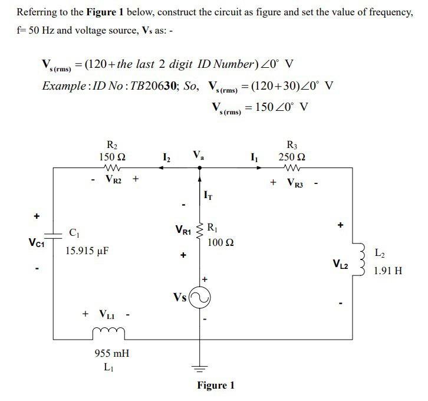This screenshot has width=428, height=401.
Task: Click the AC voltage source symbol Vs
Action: click(x=199, y=299)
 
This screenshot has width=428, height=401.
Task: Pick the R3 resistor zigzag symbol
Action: click(x=292, y=167)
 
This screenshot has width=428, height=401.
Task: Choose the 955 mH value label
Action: click(x=112, y=354)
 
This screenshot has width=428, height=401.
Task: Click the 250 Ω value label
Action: click(x=292, y=157)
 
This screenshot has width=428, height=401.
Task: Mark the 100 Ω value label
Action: click(x=219, y=242)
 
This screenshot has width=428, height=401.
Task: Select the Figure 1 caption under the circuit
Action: click(x=215, y=385)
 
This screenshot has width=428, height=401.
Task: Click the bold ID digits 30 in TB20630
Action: click(x=171, y=86)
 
